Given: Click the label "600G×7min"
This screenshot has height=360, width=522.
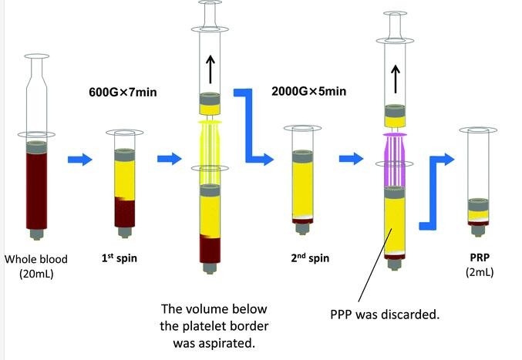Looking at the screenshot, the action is pos(123,92).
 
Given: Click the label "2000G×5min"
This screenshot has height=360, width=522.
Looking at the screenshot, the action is pos(308,91).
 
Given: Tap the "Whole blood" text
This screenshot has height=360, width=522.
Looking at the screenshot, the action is pos(36,259).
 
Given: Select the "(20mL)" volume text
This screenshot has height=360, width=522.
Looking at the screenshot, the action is pos(36,274).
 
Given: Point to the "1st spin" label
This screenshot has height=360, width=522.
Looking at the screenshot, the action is pos(120,257).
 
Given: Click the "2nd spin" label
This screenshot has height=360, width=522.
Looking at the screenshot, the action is pos(310,257).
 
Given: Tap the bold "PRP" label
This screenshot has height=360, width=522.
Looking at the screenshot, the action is pos(480,257).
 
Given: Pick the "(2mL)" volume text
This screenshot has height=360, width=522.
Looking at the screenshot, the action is pos(480,272).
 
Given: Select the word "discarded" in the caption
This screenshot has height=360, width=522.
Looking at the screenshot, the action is pos(408,314).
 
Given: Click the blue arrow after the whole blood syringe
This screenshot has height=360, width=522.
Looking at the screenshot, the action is pos(80,160).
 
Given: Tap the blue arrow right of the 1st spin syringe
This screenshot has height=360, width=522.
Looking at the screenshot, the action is pos(170,159).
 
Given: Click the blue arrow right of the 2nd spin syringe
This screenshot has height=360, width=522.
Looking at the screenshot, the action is pos(352,158).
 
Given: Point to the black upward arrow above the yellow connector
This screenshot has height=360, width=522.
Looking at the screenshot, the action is pos(210,69).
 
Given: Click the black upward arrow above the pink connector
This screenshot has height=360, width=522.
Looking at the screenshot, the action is pos(395,79).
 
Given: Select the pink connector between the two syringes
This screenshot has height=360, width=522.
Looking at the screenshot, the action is pos(395,160).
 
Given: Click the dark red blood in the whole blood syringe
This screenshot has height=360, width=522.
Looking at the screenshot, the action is pos(36,190).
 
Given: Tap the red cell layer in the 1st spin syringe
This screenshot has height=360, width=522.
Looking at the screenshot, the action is pos(125,212).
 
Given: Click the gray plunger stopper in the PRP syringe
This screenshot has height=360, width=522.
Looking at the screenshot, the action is pos(478,204).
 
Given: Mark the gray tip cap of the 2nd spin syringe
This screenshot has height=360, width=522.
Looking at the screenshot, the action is pos(302,229).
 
